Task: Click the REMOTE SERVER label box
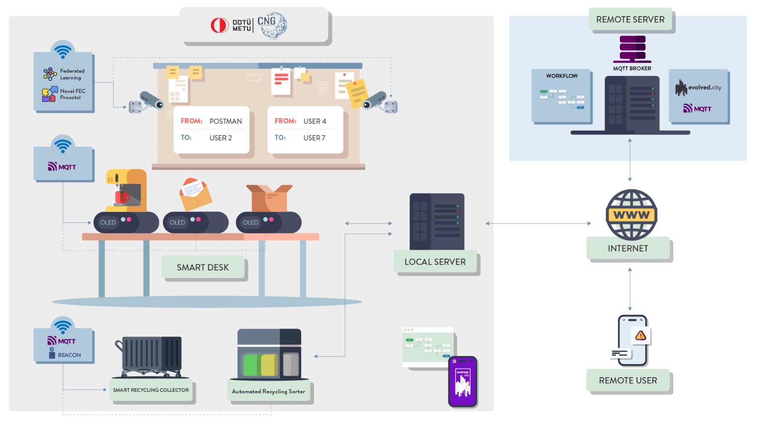(x=630, y=19)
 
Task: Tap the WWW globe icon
(x=631, y=214)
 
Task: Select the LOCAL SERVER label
(x=435, y=262)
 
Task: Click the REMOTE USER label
(x=627, y=381)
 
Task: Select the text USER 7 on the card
(x=314, y=138)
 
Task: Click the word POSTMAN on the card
(x=226, y=121)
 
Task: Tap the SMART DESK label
(x=203, y=268)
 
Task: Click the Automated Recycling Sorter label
(x=268, y=391)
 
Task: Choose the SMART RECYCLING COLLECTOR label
(x=151, y=390)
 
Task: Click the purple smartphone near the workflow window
(x=462, y=381)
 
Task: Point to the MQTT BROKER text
(x=632, y=68)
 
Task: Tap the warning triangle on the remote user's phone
(x=640, y=336)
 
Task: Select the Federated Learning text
(x=72, y=74)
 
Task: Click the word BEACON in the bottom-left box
(x=69, y=355)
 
